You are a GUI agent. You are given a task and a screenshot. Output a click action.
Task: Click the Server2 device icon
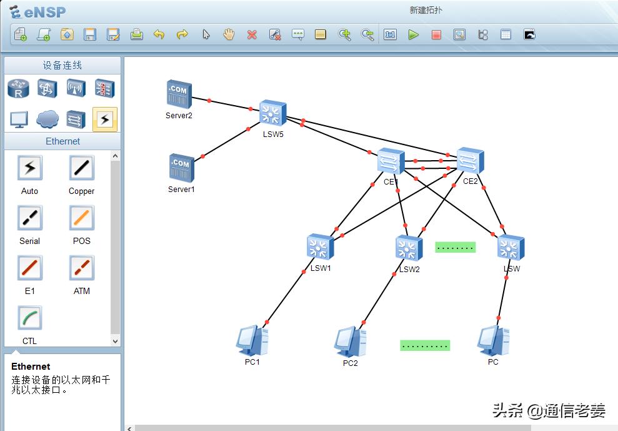pos(179,94)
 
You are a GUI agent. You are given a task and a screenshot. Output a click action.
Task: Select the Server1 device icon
pos(182,168)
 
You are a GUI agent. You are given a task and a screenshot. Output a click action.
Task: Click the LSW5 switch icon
pos(272,113)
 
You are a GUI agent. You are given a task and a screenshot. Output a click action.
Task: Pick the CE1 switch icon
pos(391,161)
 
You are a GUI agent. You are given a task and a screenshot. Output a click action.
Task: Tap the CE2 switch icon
pos(470,161)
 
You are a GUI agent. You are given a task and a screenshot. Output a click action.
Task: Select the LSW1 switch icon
pos(321,248)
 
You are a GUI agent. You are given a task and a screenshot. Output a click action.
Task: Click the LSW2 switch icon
pos(409,248)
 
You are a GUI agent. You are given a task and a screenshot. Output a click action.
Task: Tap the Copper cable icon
pos(82,168)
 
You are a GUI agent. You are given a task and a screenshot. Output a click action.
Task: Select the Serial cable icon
pos(30,218)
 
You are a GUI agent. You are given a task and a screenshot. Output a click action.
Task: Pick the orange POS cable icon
pos(82,218)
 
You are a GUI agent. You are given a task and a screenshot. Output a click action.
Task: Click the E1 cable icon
pos(30,268)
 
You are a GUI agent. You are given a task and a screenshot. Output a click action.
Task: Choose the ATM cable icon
pos(82,268)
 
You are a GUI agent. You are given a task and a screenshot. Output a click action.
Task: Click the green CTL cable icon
pos(30,318)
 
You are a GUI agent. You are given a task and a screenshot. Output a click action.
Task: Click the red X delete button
pos(252,35)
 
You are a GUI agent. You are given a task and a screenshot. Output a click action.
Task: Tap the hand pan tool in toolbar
pos(229,34)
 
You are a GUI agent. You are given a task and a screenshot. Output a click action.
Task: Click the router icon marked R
pos(18,88)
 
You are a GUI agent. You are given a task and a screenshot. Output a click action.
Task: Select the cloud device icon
pos(47,119)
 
